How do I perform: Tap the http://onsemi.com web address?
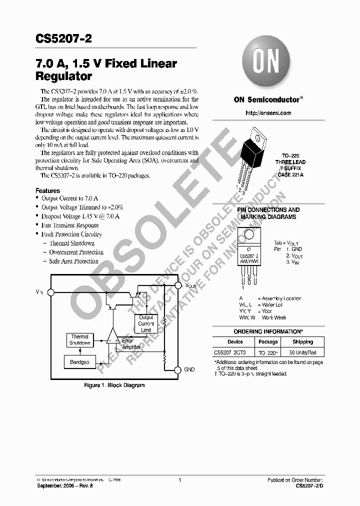coord(268,113)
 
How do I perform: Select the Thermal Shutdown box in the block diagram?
coord(79,340)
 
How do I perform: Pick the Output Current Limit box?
coord(146,323)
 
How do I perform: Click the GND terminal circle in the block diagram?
coord(177,369)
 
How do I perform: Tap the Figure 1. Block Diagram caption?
coord(114,385)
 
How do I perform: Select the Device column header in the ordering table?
coord(235,342)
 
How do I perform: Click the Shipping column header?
coord(302,342)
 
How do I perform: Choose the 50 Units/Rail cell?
coord(302,352)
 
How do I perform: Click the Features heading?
coord(48,190)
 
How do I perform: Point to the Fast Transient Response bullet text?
coord(70,225)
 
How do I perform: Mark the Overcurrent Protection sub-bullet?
coord(76,252)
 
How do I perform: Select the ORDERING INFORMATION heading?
coord(268,331)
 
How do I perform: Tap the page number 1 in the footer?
coord(179,480)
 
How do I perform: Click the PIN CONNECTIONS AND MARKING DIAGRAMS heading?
coord(268,213)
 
